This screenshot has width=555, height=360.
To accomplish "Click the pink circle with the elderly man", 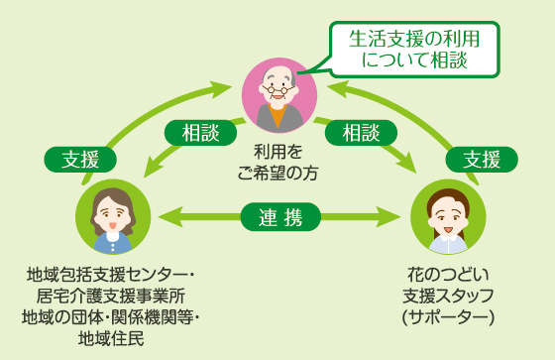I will pos(279,95).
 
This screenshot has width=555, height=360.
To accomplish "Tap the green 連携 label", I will pos(279,215).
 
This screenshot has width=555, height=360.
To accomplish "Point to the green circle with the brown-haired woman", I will pos(112,215).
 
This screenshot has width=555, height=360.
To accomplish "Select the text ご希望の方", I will pos(277,173).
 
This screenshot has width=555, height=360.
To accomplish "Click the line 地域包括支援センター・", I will pos(112,275).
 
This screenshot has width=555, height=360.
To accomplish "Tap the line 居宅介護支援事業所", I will pos(112,297).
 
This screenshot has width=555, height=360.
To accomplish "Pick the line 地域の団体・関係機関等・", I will pos(112,318).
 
